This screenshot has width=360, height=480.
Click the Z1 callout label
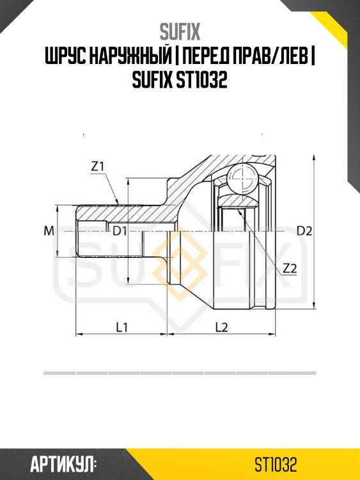[98, 166]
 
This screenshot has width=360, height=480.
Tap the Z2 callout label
[290, 268]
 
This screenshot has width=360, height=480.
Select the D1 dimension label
[120, 231]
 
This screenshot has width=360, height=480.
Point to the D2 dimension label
[304, 231]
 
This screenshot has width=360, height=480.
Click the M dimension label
[49, 231]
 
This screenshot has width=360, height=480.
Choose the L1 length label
[121, 327]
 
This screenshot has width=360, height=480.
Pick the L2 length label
[221, 327]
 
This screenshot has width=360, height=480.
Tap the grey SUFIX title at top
[180, 32]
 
